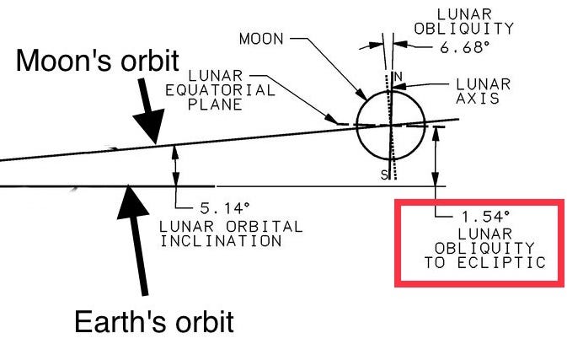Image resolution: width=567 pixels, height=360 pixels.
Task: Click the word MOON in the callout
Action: point(262,39)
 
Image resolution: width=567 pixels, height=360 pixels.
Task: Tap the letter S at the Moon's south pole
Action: point(382,174)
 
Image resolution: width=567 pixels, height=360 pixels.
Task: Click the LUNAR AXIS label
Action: point(483,91)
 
